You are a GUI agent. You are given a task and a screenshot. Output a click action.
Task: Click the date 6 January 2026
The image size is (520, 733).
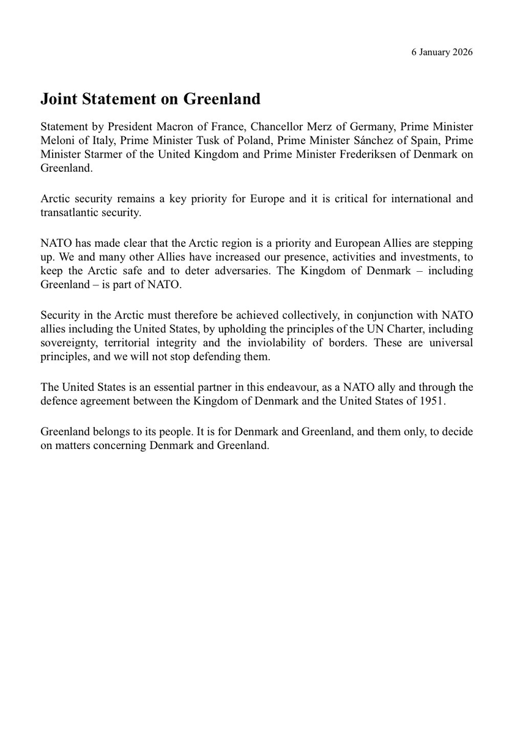(441, 52)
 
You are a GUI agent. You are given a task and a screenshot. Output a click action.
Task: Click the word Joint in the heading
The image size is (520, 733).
(60, 99)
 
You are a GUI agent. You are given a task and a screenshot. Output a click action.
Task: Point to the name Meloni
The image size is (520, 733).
(56, 140)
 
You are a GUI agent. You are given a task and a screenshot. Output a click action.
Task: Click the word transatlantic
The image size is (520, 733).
(72, 213)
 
